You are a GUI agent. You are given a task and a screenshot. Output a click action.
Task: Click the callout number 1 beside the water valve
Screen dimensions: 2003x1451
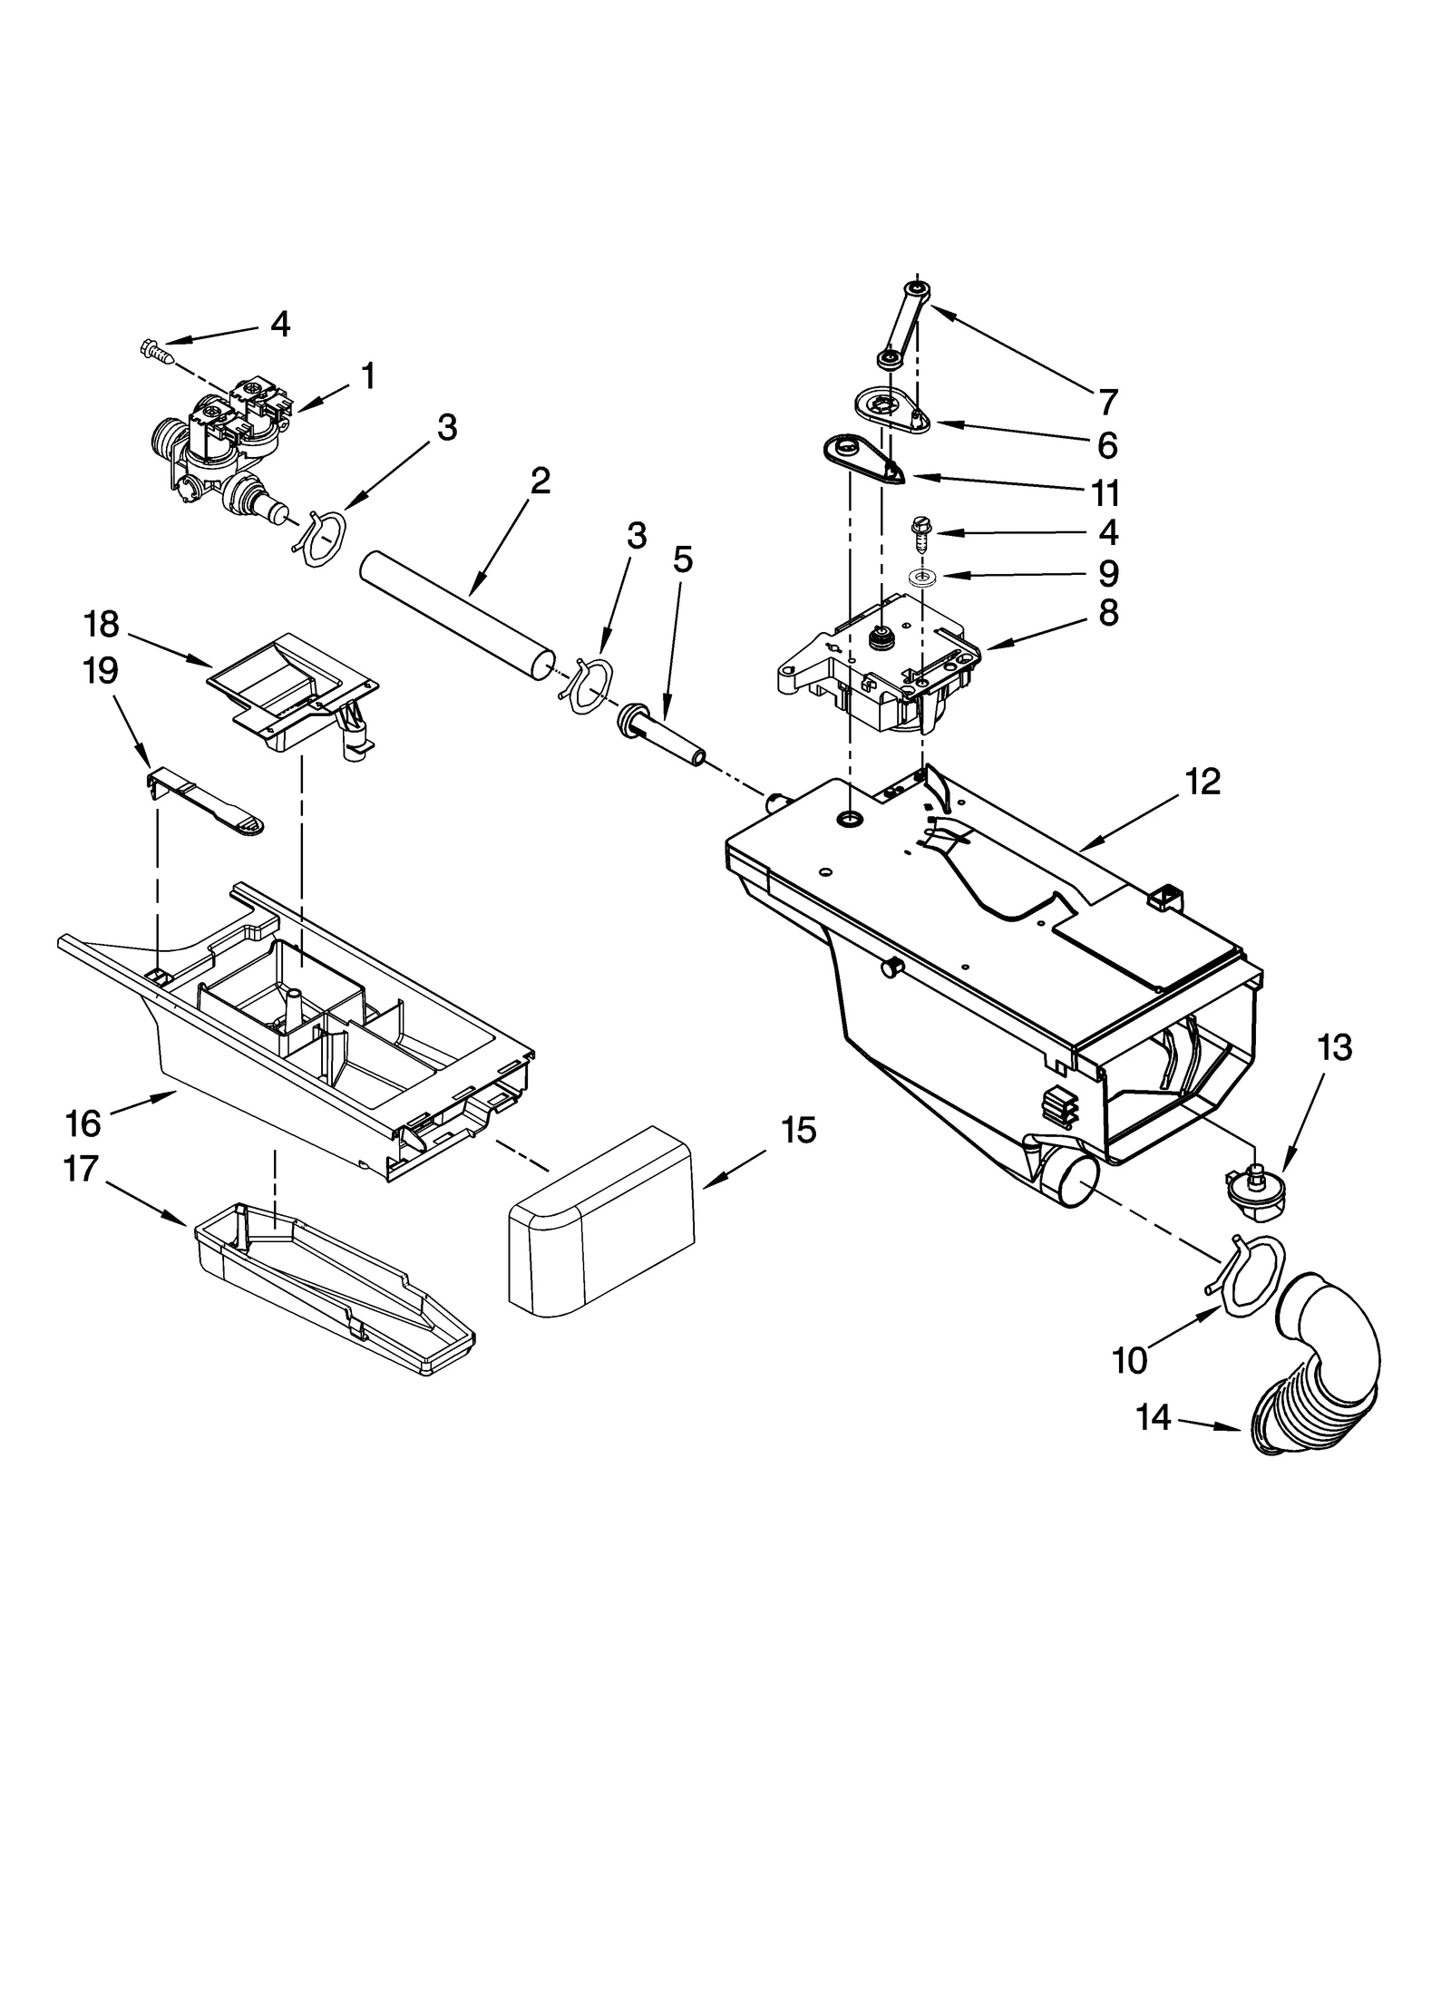(367, 375)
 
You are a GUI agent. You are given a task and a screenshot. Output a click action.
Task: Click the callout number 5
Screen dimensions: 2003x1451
(682, 560)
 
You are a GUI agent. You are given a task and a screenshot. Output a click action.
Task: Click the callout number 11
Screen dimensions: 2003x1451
(1105, 494)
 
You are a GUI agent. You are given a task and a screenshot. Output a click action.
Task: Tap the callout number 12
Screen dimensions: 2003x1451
(1203, 782)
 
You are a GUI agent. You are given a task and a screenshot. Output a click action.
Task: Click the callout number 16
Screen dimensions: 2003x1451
(83, 1123)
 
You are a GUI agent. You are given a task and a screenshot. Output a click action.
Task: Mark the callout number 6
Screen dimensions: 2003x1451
(1106, 446)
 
